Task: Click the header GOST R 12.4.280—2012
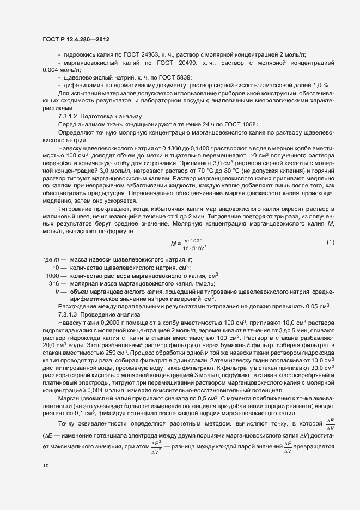click(x=76, y=39)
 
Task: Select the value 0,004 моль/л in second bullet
click(x=61, y=70)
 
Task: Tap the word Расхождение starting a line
click(x=76, y=307)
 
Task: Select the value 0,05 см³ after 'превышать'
click(x=318, y=307)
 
